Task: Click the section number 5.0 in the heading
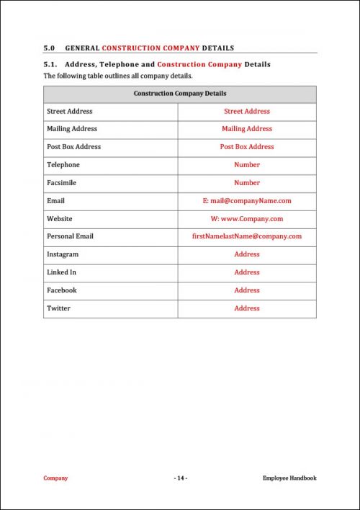coord(50,48)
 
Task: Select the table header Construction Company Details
coord(179,94)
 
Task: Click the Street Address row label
coord(69,112)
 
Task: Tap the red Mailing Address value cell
coord(247,129)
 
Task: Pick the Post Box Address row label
coord(73,147)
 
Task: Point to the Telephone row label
coord(63,165)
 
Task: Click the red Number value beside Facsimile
coord(247,183)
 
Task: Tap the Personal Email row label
coord(70,236)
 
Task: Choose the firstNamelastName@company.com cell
coord(247,236)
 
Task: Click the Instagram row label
coord(63,254)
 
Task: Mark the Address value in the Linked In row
coord(247,272)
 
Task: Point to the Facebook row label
coord(61,290)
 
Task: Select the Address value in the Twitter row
coord(247,308)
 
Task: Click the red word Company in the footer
coord(55,478)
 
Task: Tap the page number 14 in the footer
coord(180,478)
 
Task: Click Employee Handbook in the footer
coord(289,478)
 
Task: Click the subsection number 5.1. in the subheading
coord(51,65)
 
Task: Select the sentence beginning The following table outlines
coord(118,76)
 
